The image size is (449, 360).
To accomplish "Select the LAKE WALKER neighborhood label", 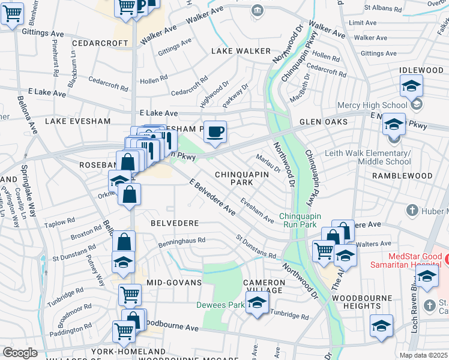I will (x=241, y=52).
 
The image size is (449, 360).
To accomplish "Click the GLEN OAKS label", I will (x=324, y=122).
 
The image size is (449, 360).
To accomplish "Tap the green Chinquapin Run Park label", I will (x=308, y=220).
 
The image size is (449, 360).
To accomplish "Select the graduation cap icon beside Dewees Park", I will (x=257, y=303).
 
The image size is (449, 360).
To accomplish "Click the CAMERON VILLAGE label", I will (x=264, y=286).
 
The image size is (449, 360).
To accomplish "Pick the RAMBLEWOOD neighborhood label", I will (x=402, y=176).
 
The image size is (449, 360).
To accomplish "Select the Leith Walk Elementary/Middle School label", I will (x=367, y=157).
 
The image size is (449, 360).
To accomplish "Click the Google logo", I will (x=20, y=352).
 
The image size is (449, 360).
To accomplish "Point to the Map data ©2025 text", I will (x=423, y=355).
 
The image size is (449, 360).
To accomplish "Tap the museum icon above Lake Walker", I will (x=258, y=10).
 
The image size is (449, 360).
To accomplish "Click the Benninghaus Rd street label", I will (x=182, y=241).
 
